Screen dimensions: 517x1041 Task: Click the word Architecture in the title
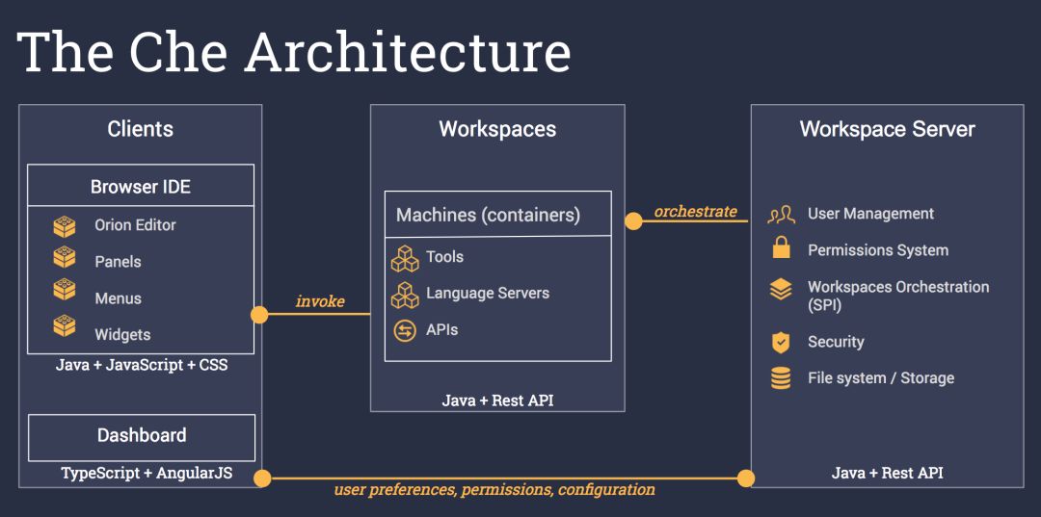(x=408, y=52)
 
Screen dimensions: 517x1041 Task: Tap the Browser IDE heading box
(x=141, y=186)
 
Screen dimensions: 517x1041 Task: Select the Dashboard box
(x=142, y=436)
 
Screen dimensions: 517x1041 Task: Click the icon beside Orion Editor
(x=65, y=226)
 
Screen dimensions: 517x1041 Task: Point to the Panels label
(x=118, y=262)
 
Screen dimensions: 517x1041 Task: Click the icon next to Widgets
(x=65, y=326)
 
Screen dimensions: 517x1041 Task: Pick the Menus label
(x=118, y=298)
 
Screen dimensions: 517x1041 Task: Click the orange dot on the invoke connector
(x=259, y=315)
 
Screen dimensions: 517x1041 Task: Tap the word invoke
(x=320, y=301)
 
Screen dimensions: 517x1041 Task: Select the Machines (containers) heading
(x=488, y=215)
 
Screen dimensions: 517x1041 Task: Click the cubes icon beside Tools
(x=404, y=258)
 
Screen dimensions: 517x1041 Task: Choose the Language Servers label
(x=488, y=293)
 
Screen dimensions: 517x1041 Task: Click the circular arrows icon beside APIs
(x=405, y=330)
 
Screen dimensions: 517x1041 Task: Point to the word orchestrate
(x=695, y=211)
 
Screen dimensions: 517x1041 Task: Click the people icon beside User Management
(x=781, y=214)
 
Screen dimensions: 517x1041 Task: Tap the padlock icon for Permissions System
(x=781, y=248)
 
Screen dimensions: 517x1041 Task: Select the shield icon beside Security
(x=781, y=342)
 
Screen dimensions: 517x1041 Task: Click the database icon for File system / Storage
(x=781, y=378)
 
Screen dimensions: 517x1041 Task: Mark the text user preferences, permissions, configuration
(x=494, y=490)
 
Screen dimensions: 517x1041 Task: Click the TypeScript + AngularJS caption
(x=147, y=473)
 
